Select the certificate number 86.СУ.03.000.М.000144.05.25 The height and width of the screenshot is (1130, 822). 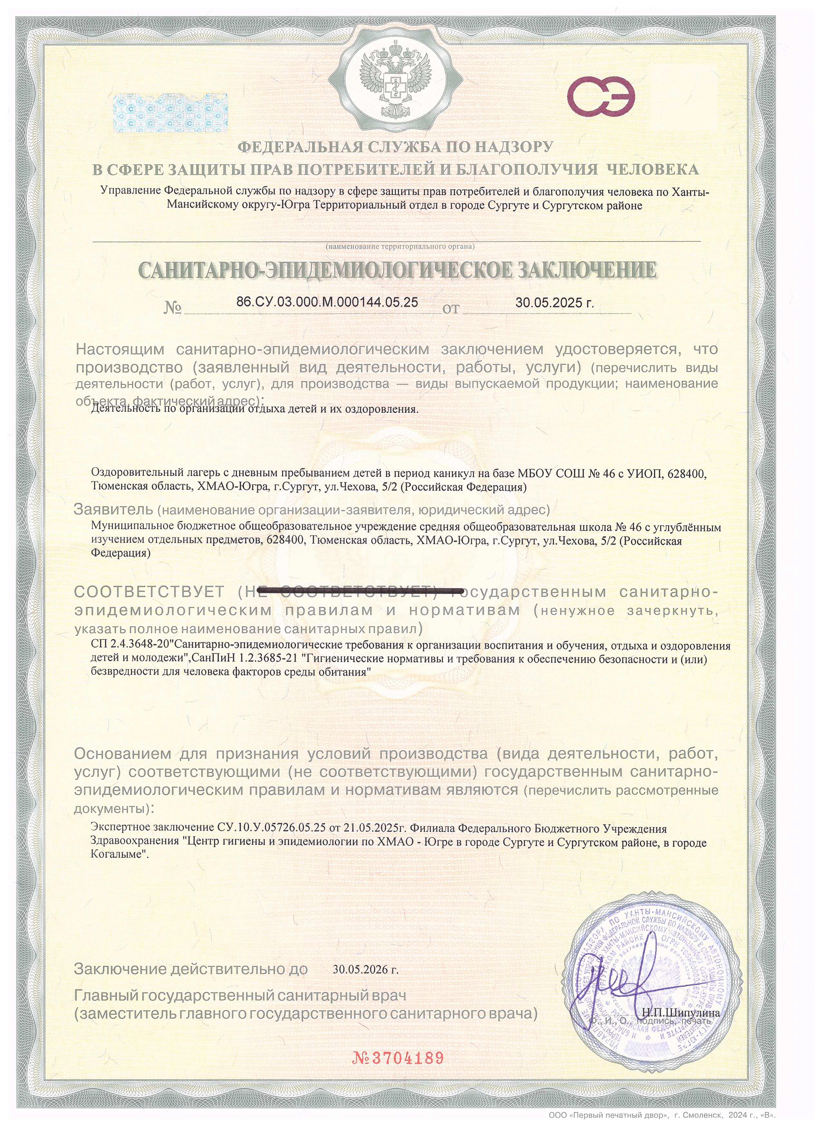pyautogui.click(x=327, y=302)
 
